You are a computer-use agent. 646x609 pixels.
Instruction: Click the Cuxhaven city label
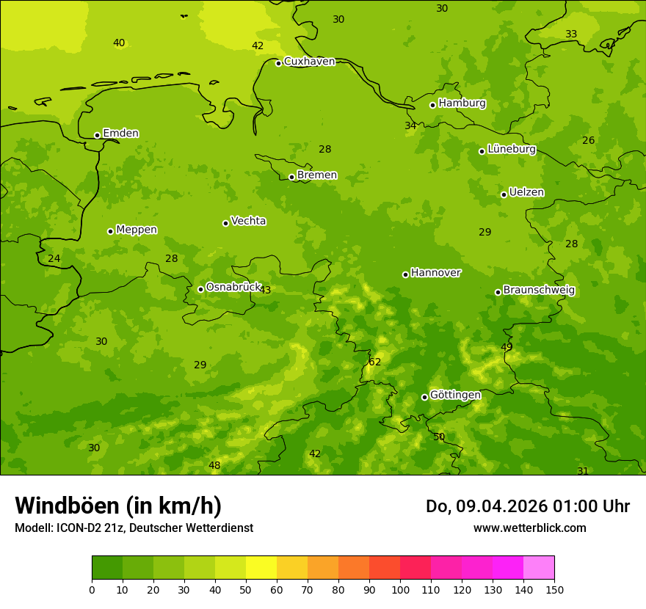tap(309, 61)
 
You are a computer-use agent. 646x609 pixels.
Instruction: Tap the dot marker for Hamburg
tap(432, 105)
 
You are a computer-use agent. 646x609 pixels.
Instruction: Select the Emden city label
tap(120, 133)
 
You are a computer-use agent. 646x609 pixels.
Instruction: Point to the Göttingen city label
tap(455, 395)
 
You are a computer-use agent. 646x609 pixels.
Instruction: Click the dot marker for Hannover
tap(405, 274)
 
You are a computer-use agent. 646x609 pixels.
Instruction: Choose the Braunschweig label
tap(539, 290)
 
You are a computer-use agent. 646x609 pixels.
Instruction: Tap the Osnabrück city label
tap(233, 287)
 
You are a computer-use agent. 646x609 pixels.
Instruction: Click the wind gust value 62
tap(375, 362)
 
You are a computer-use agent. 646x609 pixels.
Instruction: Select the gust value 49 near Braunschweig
tap(507, 347)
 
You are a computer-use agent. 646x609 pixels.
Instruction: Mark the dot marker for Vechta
tap(225, 223)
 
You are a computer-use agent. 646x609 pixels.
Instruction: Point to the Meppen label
tap(137, 230)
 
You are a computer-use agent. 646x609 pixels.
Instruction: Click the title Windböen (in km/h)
tap(118, 506)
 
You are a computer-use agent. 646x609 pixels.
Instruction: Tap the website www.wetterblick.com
tap(529, 528)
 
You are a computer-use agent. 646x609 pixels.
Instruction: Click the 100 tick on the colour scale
tap(400, 589)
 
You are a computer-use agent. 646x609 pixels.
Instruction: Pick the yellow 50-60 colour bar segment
tap(261, 568)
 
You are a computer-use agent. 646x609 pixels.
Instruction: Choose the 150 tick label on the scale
tap(554, 589)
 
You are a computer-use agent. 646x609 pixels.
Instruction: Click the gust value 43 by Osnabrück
tap(265, 290)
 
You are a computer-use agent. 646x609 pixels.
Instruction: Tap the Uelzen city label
tap(526, 192)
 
